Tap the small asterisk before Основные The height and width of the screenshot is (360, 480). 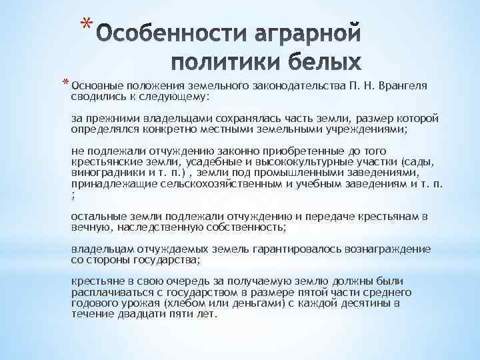(x=66, y=84)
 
